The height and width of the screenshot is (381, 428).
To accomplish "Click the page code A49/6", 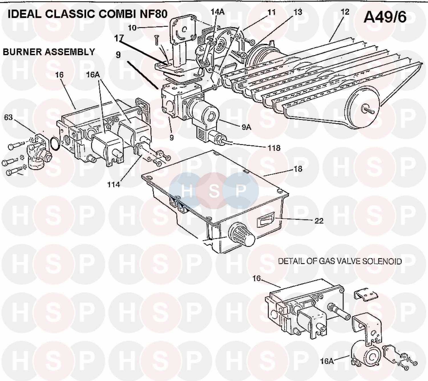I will pyautogui.click(x=385, y=17).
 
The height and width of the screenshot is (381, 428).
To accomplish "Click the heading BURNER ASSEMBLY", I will pyautogui.click(x=49, y=52).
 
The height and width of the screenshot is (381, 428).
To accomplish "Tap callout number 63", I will pyautogui.click(x=8, y=117).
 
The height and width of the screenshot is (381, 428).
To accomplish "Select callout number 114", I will pyautogui.click(x=113, y=185).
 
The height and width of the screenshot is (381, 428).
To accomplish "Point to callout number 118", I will pyautogui.click(x=274, y=148).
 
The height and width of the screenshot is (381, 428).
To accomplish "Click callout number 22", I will pyautogui.click(x=319, y=220).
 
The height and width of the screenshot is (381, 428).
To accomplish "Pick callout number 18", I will pyautogui.click(x=298, y=169).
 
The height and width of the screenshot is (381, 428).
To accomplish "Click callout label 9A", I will pyautogui.click(x=246, y=127).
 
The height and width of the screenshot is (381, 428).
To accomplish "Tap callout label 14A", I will pyautogui.click(x=217, y=12).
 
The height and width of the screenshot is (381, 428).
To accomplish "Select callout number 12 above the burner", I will pyautogui.click(x=345, y=12).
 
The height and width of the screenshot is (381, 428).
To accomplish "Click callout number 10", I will pyautogui.click(x=132, y=28).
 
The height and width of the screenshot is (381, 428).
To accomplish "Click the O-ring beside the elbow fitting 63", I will pyautogui.click(x=55, y=143).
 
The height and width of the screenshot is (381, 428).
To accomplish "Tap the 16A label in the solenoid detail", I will pyautogui.click(x=327, y=361).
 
